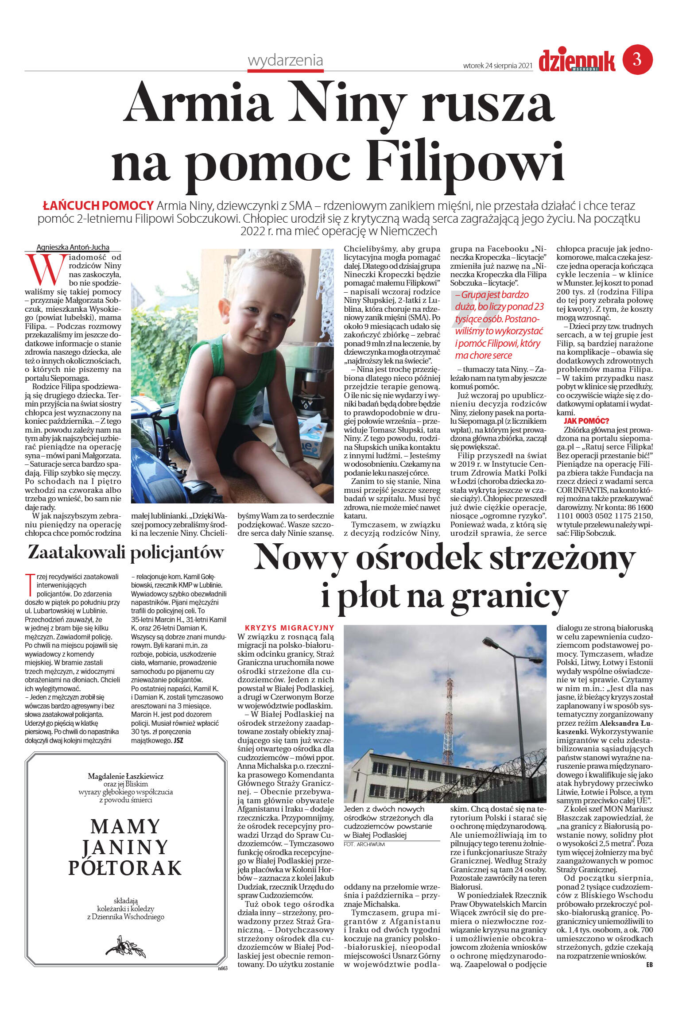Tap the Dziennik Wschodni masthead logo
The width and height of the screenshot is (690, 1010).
pyautogui.click(x=577, y=61)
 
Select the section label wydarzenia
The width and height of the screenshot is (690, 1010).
pyautogui.click(x=285, y=60)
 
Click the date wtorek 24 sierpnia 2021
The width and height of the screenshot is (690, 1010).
pyautogui.click(x=497, y=66)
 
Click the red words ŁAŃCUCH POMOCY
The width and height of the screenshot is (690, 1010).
pyautogui.click(x=98, y=206)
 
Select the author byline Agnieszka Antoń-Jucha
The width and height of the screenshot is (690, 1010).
pyautogui.click(x=73, y=247)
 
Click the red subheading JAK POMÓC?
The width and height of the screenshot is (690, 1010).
pyautogui.click(x=586, y=421)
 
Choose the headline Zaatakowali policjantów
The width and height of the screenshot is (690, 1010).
pyautogui.click(x=126, y=553)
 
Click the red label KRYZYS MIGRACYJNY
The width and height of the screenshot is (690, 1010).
pyautogui.click(x=289, y=628)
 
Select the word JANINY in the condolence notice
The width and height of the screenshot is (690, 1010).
pyautogui.click(x=125, y=847)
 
